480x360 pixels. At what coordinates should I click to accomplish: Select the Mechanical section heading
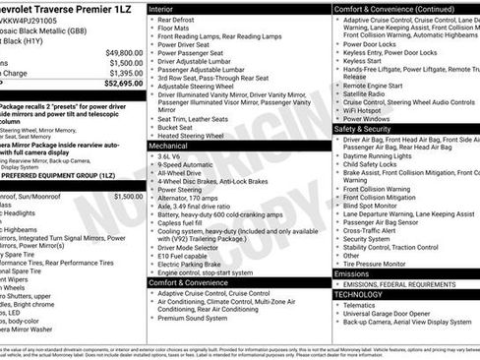(169, 145)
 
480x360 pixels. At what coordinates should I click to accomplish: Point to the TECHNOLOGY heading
(358, 294)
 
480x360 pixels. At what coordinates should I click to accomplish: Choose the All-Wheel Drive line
(182, 173)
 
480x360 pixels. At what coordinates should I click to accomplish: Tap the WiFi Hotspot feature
(369, 109)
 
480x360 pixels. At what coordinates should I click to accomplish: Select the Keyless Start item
(363, 60)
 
